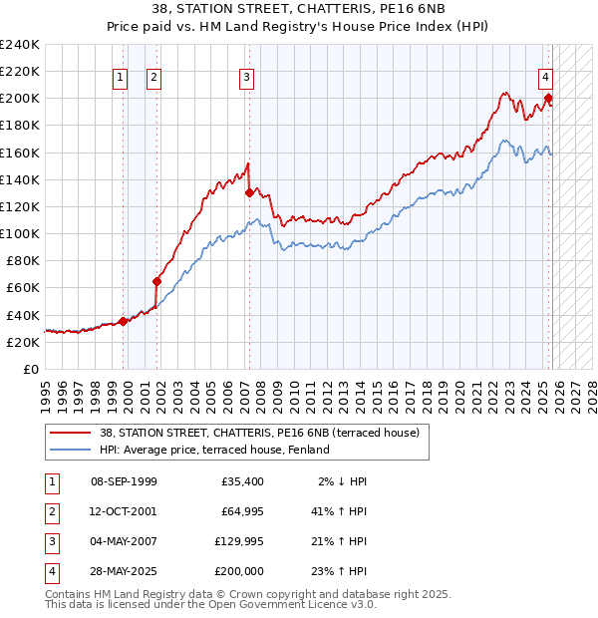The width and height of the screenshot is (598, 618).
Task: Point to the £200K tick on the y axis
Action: tap(20, 99)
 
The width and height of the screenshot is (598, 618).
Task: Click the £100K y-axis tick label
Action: tap(20, 233)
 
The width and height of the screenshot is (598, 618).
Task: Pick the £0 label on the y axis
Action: tap(31, 369)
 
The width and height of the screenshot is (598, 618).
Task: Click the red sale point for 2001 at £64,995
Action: tap(156, 281)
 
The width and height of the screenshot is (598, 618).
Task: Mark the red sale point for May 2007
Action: tap(248, 192)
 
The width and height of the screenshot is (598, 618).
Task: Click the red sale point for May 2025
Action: tap(548, 98)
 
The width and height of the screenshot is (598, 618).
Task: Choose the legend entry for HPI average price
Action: tap(214, 450)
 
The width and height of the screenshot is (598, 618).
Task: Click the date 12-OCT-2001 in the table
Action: tap(124, 510)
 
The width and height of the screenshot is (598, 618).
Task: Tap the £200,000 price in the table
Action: tap(239, 571)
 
